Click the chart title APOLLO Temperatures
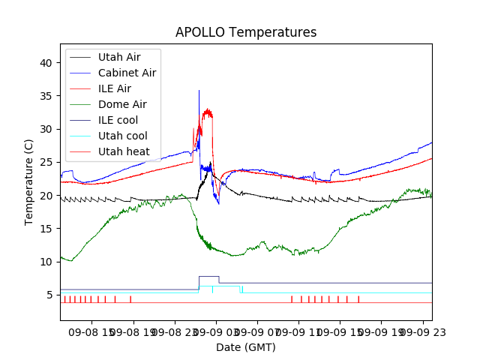pyautogui.click(x=246, y=32)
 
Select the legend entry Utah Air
pyautogui.click(x=118, y=57)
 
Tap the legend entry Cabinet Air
pyautogui.click(x=127, y=73)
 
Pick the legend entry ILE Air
pyautogui.click(x=114, y=88)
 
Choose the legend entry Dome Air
pyautogui.click(x=122, y=104)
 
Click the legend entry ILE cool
pyautogui.click(x=118, y=120)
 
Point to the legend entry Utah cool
pyautogui.click(x=122, y=136)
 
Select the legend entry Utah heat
pyautogui.click(x=124, y=151)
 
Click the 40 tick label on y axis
pyautogui.click(x=46, y=63)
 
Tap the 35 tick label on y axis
pyautogui.click(x=46, y=96)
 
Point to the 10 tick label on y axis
pyautogui.click(x=46, y=262)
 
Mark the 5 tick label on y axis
pyautogui.click(x=49, y=295)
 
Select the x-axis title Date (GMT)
pyautogui.click(x=246, y=347)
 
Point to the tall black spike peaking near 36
pyautogui.click(x=199, y=91)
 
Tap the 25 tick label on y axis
pyautogui.click(x=46, y=162)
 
